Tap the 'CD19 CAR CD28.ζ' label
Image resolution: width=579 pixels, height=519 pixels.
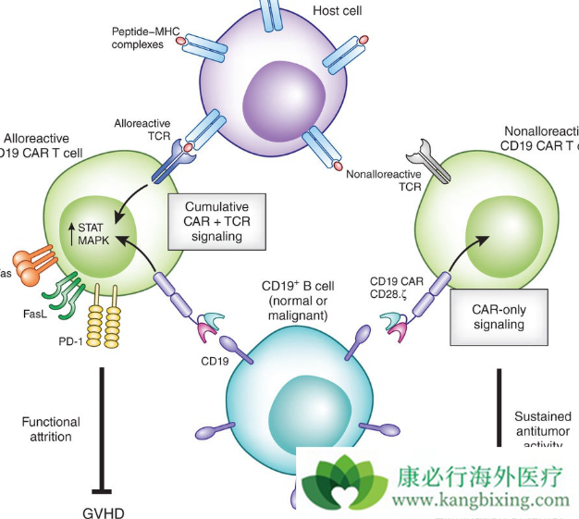point(398,287)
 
